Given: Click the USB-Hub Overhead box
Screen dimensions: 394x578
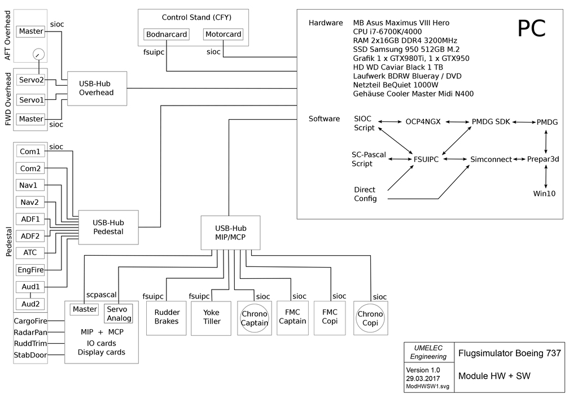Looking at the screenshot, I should pyautogui.click(x=96, y=88).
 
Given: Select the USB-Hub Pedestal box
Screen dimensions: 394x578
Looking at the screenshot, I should pyautogui.click(x=108, y=227).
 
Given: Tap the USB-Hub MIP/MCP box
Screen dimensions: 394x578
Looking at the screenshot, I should pyautogui.click(x=231, y=232).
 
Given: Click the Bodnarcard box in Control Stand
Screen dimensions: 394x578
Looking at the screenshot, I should pyautogui.click(x=167, y=34).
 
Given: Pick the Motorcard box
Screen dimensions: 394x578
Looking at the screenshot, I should pyautogui.click(x=223, y=34).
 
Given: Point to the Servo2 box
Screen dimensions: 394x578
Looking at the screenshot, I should pyautogui.click(x=31, y=80).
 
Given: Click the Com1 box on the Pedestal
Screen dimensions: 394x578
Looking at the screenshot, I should pyautogui.click(x=30, y=151).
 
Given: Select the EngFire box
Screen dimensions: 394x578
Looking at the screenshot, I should pyautogui.click(x=31, y=270).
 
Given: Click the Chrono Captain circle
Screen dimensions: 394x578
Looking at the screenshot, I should pyautogui.click(x=255, y=318).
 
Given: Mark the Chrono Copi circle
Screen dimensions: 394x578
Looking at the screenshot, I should pyautogui.click(x=370, y=318).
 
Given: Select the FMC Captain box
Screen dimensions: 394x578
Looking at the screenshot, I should pyautogui.click(x=292, y=317).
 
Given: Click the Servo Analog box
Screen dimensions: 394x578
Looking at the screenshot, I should pyautogui.click(x=119, y=313).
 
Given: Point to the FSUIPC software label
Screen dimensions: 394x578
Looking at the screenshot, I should pyautogui.click(x=426, y=160).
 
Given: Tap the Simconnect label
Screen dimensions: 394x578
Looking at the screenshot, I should pyautogui.click(x=491, y=160).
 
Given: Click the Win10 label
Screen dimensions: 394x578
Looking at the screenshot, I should pyautogui.click(x=545, y=194).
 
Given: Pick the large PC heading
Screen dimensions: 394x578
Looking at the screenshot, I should pyautogui.click(x=532, y=29).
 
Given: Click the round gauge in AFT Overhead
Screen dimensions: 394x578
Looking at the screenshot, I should pyautogui.click(x=38, y=55).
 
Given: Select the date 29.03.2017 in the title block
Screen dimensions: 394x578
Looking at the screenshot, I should pyautogui.click(x=423, y=379).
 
